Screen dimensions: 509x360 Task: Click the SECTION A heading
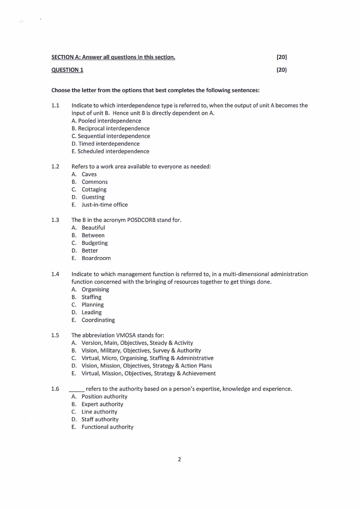coord(113,57)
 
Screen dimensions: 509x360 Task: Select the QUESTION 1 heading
coord(67,70)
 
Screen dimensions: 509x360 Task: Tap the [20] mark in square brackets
coord(282,57)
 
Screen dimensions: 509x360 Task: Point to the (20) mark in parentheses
coord(282,70)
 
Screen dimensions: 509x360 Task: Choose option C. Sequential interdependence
coord(111,136)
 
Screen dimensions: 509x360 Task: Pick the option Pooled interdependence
coord(106,121)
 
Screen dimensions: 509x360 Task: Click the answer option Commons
coord(94,182)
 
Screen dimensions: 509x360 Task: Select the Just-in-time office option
coord(104,205)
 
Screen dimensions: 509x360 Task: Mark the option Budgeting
coord(94,243)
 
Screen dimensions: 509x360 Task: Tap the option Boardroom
coord(96,258)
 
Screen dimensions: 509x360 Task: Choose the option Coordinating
coord(98,320)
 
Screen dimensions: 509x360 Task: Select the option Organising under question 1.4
coord(95,289)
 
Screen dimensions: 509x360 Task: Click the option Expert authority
coord(102,404)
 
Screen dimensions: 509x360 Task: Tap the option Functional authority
coord(107,427)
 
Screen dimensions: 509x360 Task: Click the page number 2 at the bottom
coord(179,460)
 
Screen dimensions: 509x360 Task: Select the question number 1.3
coord(55,220)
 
